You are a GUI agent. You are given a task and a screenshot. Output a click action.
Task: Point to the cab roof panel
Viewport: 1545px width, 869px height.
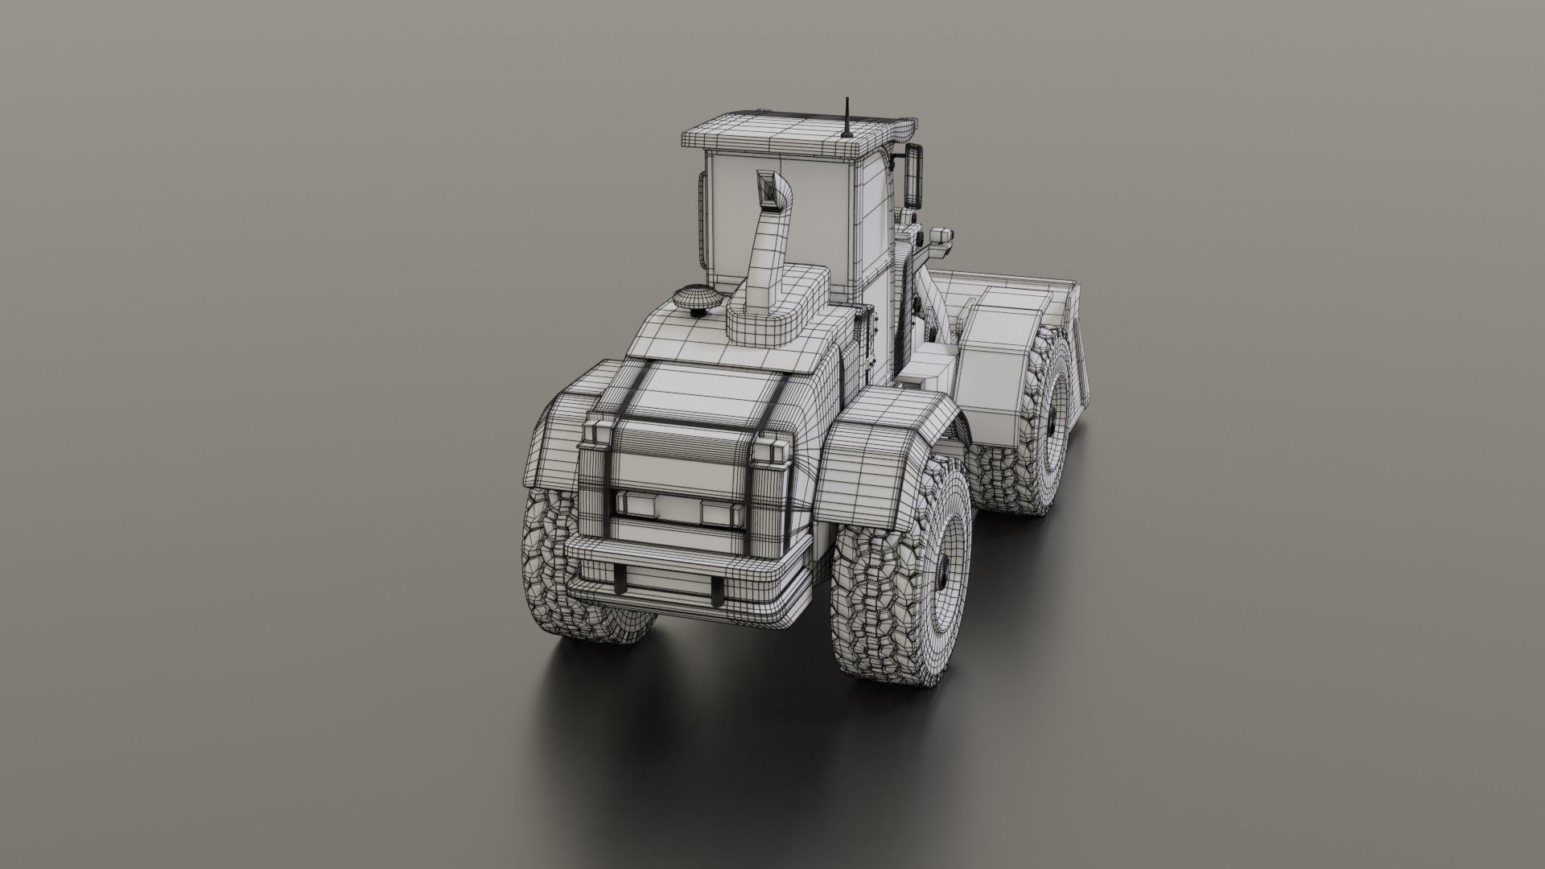(x=797, y=133)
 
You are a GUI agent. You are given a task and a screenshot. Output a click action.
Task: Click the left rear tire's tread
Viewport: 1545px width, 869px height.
(x=555, y=563)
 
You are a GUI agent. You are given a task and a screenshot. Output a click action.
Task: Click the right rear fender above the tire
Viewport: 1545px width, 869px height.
(x=885, y=434)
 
